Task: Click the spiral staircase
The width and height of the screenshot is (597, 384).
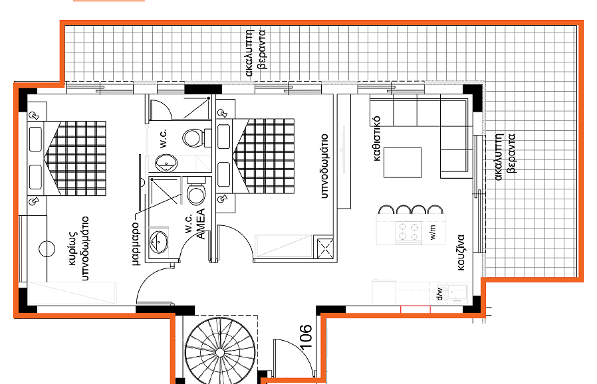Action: pyautogui.click(x=219, y=352)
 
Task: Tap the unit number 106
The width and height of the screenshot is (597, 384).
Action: pyautogui.click(x=306, y=336)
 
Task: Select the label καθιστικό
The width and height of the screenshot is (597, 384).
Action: pyautogui.click(x=376, y=139)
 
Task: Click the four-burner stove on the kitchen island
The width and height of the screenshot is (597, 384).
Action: pyautogui.click(x=409, y=232)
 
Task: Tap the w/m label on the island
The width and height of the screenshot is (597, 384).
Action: pyautogui.click(x=433, y=232)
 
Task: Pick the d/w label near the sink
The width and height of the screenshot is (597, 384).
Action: pyautogui.click(x=439, y=294)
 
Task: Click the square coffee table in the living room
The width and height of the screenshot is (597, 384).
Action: pyautogui.click(x=402, y=163)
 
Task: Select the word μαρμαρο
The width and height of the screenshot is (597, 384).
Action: pyautogui.click(x=135, y=242)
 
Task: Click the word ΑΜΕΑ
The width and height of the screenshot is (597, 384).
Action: pyautogui.click(x=201, y=224)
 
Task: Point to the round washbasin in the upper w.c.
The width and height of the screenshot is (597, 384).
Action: pyautogui.click(x=166, y=163)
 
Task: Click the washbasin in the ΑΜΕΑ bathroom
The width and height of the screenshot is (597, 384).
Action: pyautogui.click(x=158, y=242)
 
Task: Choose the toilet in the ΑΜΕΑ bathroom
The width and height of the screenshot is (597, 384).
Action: pyautogui.click(x=196, y=191)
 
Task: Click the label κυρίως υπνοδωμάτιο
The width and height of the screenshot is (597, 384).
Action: pyautogui.click(x=79, y=248)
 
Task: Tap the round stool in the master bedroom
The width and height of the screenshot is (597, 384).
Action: pyautogui.click(x=47, y=249)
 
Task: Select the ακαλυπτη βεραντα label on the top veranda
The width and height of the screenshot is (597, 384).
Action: pyautogui.click(x=255, y=52)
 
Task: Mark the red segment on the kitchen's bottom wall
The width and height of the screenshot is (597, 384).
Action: pyautogui.click(x=416, y=309)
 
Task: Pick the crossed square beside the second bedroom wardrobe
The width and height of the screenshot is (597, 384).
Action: pyautogui.click(x=325, y=248)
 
